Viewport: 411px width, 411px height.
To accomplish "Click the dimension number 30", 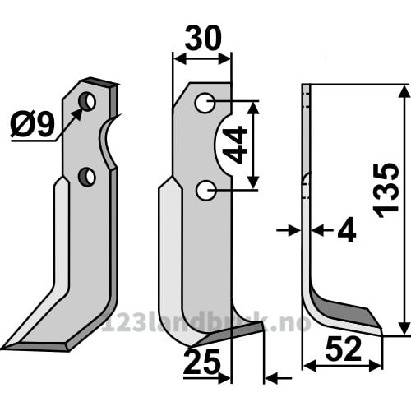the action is [x=203, y=38].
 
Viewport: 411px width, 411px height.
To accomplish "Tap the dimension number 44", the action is [x=235, y=145].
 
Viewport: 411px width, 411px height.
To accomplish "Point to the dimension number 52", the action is [x=344, y=349].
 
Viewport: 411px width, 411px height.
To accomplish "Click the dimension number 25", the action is [x=202, y=363].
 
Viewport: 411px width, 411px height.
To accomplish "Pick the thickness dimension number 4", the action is [x=347, y=230].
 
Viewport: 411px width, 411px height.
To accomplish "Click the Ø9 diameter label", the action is [x=32, y=125].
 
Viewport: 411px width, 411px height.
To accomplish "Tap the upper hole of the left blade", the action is [x=87, y=101].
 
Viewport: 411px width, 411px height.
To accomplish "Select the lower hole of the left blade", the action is [x=87, y=177].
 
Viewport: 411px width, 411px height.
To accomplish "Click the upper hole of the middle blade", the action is [x=205, y=103].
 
